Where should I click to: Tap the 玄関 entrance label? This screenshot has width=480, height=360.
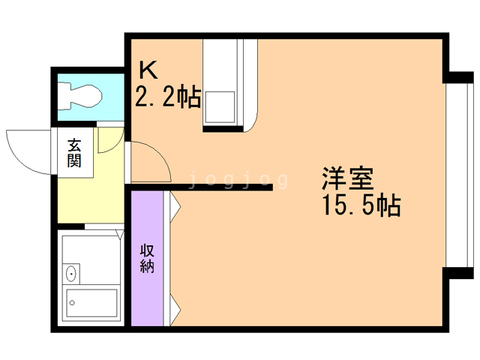(74, 152)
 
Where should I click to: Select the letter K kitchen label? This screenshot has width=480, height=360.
(148, 70)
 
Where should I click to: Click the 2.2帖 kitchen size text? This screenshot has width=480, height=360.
(167, 96)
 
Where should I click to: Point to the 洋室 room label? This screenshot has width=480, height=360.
(348, 178)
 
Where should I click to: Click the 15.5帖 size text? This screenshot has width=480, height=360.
(360, 205)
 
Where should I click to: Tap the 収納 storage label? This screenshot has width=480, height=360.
(147, 257)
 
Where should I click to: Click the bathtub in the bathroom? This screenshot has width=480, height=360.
(91, 304)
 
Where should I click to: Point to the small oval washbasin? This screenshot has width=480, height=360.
(71, 273)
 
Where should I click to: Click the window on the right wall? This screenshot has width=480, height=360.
(452, 174)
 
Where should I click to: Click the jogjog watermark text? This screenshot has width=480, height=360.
(238, 180)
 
